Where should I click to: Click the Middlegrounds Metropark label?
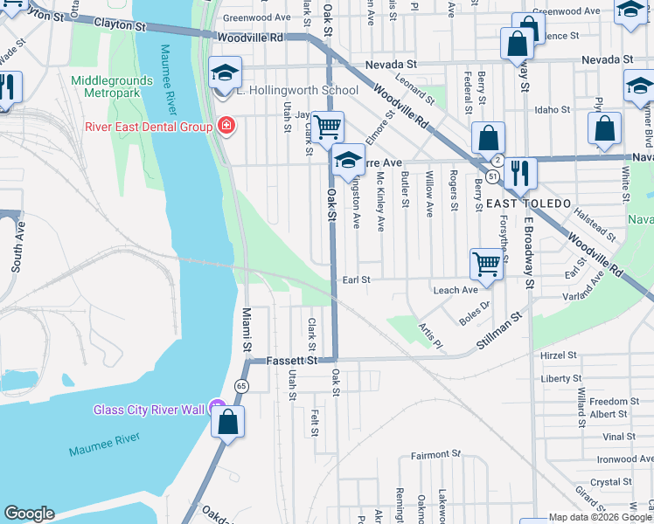[111, 87]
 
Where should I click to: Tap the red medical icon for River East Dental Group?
[226, 127]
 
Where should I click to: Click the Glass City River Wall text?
[149, 410]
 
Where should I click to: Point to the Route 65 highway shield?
[240, 385]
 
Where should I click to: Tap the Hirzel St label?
[560, 355]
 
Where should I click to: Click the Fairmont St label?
[435, 455]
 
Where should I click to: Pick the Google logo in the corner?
[29, 514]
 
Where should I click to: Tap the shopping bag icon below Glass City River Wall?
[227, 423]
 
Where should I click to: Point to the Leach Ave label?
[455, 290]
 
